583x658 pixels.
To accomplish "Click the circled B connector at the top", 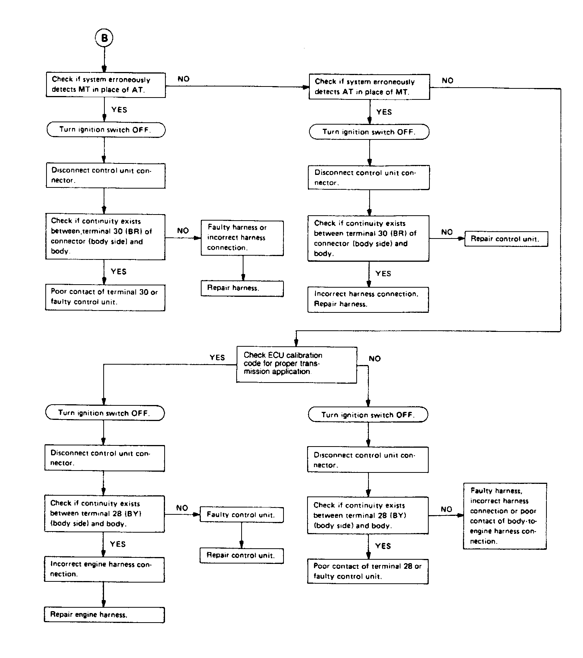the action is [x=104, y=38].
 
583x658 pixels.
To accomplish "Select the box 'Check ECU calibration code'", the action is [x=296, y=365].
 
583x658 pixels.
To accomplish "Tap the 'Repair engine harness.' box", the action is [x=104, y=615].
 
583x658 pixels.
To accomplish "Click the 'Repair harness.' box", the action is [x=242, y=288].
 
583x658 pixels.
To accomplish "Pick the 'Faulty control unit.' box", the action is [x=242, y=515].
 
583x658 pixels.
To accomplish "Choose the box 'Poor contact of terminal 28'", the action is [x=368, y=571].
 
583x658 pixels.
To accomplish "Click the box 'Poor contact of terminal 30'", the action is [x=105, y=297].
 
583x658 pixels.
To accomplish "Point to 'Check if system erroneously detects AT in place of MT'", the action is [x=369, y=87].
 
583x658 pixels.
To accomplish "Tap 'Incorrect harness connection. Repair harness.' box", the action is [x=368, y=299].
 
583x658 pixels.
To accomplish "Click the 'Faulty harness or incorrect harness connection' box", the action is [x=242, y=238].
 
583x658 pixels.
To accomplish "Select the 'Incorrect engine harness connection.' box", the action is [x=104, y=570].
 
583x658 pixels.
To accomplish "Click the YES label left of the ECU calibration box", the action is [x=217, y=357].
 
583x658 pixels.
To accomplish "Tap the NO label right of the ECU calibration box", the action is [x=375, y=359].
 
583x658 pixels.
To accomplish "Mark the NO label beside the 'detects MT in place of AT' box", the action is [x=183, y=79].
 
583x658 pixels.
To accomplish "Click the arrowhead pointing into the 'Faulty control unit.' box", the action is [x=197, y=514].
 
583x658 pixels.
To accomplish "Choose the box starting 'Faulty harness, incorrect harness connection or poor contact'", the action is [x=505, y=516].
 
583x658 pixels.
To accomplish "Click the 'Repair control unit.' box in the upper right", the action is [x=506, y=239].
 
